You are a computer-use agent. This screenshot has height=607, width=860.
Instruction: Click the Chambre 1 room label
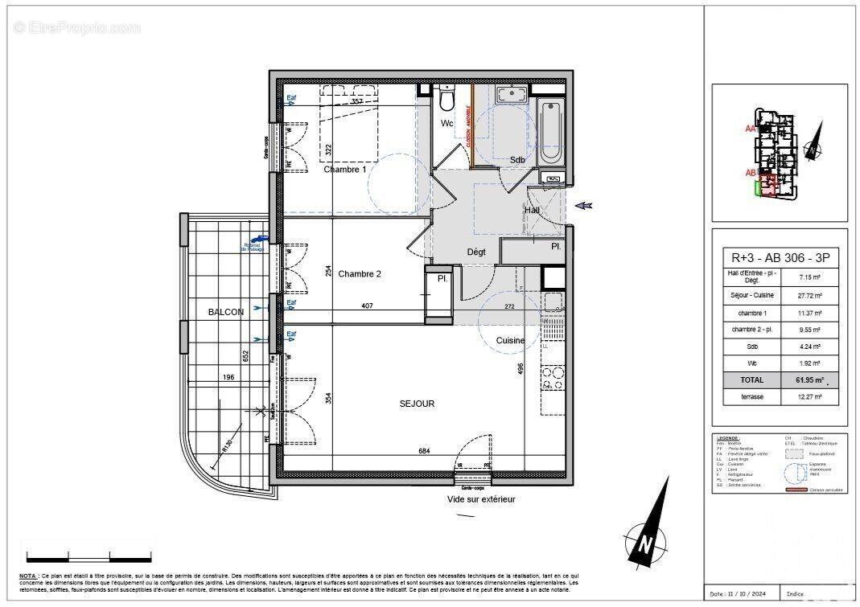pyautogui.click(x=345, y=170)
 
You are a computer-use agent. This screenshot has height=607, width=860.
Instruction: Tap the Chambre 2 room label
pyautogui.click(x=360, y=274)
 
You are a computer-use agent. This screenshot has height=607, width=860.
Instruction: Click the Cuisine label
pyautogui.click(x=510, y=340)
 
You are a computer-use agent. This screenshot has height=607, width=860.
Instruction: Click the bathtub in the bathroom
pyautogui.click(x=550, y=132)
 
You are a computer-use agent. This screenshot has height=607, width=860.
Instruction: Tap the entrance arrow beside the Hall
pyautogui.click(x=585, y=207)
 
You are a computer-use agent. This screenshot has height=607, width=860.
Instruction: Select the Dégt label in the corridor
pyautogui.click(x=476, y=252)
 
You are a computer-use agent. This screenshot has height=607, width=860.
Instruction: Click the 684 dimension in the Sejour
pyautogui.click(x=424, y=451)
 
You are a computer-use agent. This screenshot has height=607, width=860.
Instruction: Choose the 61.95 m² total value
pyautogui.click(x=808, y=379)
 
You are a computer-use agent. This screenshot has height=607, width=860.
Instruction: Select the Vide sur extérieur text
pyautogui.click(x=481, y=499)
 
